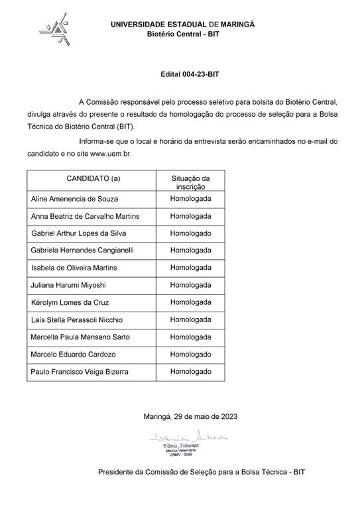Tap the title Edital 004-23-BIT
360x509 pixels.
point(190,76)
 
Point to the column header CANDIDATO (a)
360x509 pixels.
point(93,179)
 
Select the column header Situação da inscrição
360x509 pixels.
point(190,182)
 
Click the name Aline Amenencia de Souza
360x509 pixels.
point(72,199)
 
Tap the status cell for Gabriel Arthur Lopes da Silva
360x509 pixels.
point(190,233)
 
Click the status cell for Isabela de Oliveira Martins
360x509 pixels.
point(190,268)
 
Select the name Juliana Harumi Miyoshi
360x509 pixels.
point(68,285)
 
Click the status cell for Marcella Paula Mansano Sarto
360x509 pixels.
point(190,337)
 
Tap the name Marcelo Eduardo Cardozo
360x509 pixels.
point(73,354)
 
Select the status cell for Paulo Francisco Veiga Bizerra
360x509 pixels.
point(190,371)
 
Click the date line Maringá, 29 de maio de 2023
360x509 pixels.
point(190,417)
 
